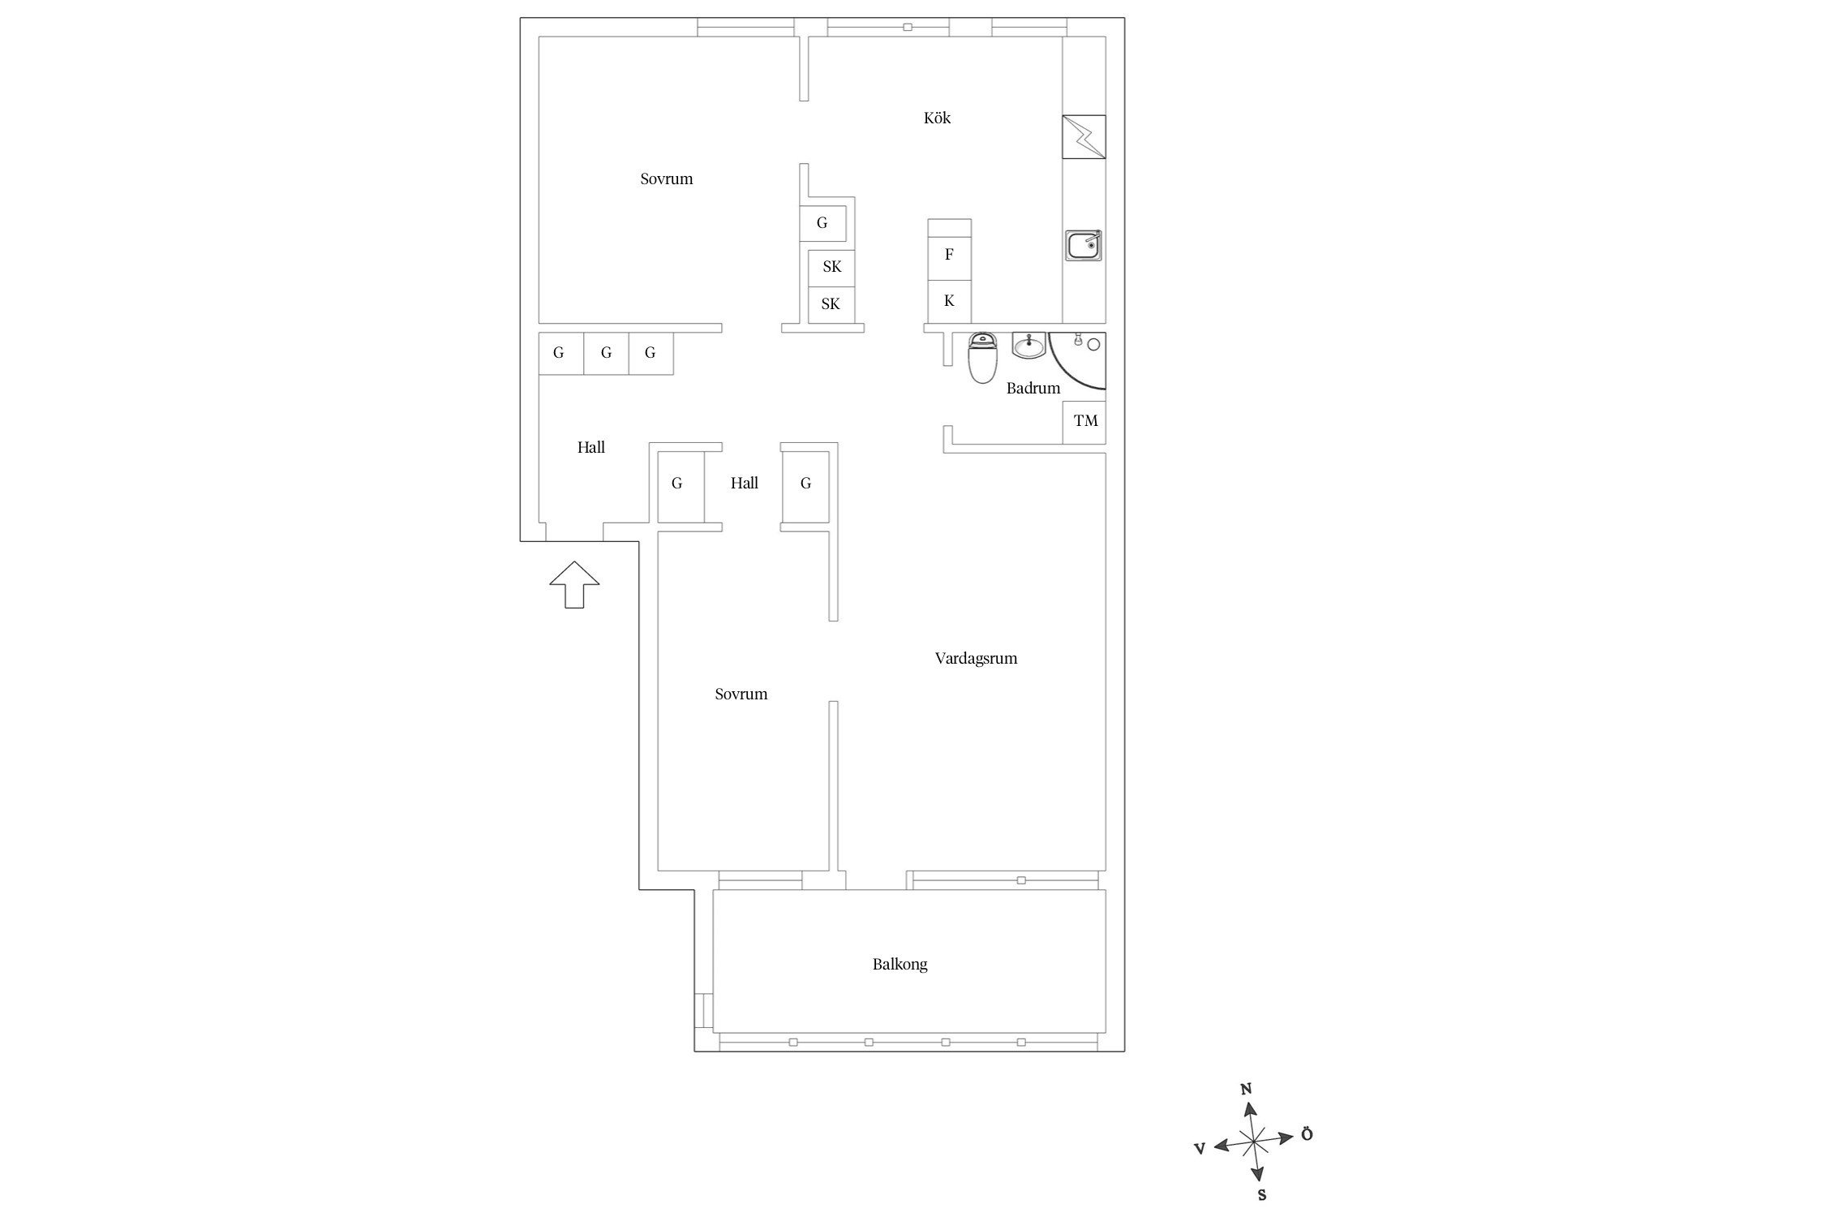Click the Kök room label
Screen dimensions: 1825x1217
click(x=937, y=118)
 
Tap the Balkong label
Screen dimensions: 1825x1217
click(x=900, y=965)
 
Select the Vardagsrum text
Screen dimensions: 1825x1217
click(x=976, y=659)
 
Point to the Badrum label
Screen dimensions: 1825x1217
click(x=1033, y=388)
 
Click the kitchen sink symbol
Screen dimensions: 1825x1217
click(x=1084, y=245)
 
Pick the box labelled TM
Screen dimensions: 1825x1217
click(x=1084, y=422)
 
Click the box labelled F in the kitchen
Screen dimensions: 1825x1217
click(x=949, y=255)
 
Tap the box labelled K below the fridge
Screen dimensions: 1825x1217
click(x=949, y=302)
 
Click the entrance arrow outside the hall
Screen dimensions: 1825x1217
click(x=574, y=584)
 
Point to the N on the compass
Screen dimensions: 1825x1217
click(x=1247, y=1090)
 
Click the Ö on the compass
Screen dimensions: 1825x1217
click(x=1306, y=1133)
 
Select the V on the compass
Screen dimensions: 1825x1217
click(x=1200, y=1147)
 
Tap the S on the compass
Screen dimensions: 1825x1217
click(x=1262, y=1195)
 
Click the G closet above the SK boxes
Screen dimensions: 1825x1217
click(x=822, y=224)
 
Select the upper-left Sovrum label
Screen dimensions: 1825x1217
click(x=667, y=179)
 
